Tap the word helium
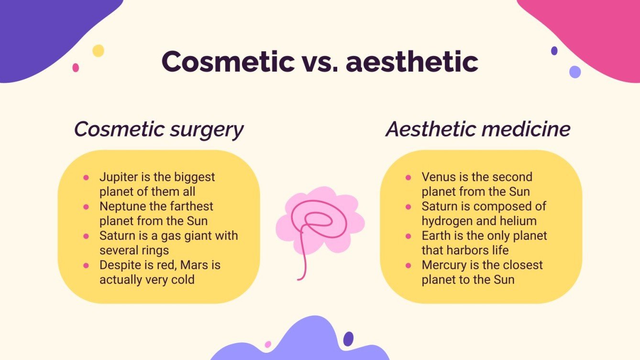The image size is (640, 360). point(519,221)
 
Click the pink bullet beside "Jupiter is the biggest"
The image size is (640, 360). point(86,177)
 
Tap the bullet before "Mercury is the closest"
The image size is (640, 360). point(408,265)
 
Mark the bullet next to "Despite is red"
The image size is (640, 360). point(86,265)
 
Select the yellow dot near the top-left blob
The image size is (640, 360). point(98,51)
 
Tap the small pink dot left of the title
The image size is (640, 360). point(76,68)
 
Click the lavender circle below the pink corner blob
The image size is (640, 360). point(575,72)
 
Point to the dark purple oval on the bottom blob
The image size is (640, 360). point(348,338)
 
